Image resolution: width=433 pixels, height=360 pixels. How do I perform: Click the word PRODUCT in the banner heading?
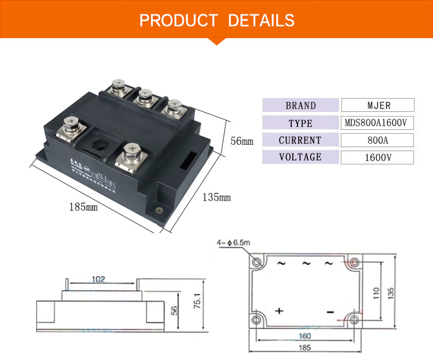tap(178, 20)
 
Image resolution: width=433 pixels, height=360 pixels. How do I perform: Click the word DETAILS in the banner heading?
tap(261, 20)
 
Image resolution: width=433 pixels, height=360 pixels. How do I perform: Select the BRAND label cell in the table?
tap(300, 106)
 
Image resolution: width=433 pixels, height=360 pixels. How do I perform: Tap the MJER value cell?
tap(378, 106)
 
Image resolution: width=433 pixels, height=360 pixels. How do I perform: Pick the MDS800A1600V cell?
tap(378, 123)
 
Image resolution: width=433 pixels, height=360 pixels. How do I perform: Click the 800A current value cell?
tap(378, 140)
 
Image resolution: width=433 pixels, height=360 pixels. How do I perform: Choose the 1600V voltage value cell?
tap(378, 157)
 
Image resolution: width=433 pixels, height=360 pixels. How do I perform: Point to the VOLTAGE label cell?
tap(300, 157)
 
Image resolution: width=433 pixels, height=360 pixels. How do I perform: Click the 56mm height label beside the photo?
tap(242, 141)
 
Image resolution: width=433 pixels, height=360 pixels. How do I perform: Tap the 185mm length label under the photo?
tap(84, 207)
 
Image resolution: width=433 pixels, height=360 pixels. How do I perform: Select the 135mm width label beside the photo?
tap(216, 198)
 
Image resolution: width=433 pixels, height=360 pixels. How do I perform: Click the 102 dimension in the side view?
tap(98, 280)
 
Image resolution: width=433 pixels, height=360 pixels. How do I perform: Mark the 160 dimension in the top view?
tap(304, 336)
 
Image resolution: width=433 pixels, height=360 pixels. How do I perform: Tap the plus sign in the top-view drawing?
tap(279, 311)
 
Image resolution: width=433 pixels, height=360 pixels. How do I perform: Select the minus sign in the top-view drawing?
tap(330, 312)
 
